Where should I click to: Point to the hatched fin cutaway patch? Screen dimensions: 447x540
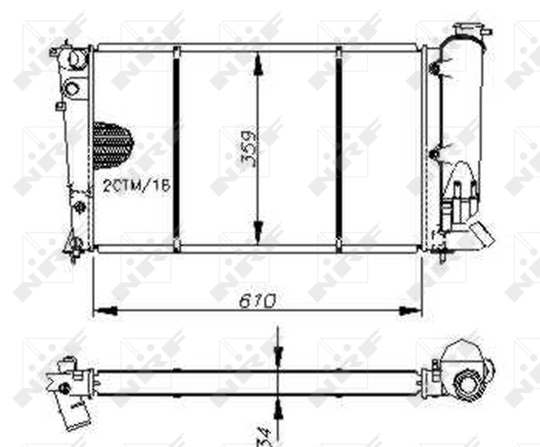click(x=112, y=145)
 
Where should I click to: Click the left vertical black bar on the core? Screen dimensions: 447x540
click(x=177, y=149)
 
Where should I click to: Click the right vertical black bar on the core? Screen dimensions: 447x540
click(x=339, y=149)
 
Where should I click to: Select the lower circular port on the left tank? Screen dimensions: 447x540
click(x=72, y=88)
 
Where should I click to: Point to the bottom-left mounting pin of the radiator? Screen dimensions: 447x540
click(x=75, y=244)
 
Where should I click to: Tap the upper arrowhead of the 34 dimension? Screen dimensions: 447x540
click(x=277, y=356)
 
